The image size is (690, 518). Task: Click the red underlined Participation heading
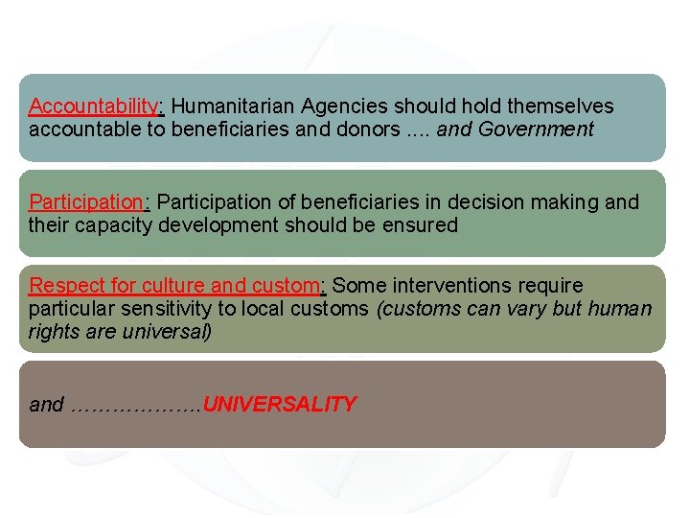(x=86, y=201)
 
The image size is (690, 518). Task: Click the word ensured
(x=421, y=225)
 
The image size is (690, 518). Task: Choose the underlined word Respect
(x=62, y=285)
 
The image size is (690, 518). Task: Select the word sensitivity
(x=154, y=309)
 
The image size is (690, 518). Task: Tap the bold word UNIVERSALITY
(x=280, y=405)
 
